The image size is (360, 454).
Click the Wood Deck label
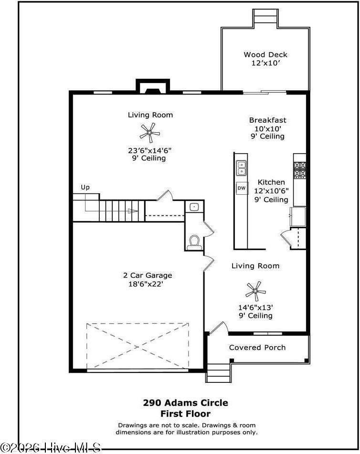[265, 55]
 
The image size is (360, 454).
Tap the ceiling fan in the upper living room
[150, 132]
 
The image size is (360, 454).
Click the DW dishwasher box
[242, 188]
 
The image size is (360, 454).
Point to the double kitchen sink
[242, 168]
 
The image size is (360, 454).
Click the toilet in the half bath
[194, 242]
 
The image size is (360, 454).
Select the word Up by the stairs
[85, 188]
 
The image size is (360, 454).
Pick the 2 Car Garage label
[148, 275]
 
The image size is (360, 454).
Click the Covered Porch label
[257, 348]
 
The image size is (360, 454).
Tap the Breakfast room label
[267, 120]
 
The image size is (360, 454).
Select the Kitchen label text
[271, 182]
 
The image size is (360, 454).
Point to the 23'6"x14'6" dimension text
[149, 150]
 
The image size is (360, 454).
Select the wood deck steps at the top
[265, 17]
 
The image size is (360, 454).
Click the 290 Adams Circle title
[185, 403]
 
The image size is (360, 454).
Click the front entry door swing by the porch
[216, 328]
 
